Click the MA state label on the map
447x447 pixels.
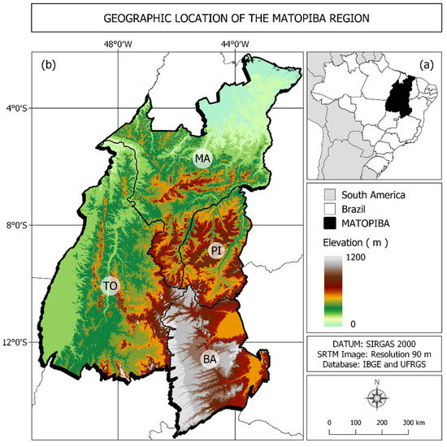click(x=202, y=158)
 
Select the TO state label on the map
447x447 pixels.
click(x=111, y=285)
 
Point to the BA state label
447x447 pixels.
click(x=210, y=358)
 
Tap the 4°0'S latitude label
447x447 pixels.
click(x=18, y=109)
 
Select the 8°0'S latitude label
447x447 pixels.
click(x=18, y=226)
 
